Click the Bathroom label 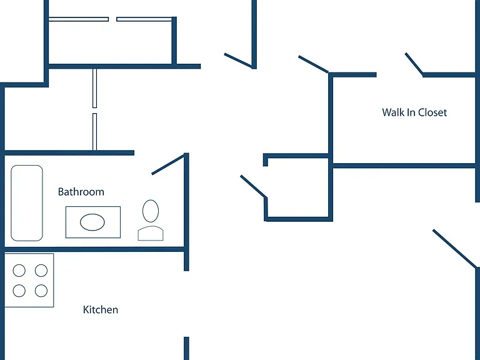(x=81, y=192)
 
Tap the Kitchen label (x=101, y=310)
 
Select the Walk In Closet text (x=414, y=112)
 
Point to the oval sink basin (x=92, y=222)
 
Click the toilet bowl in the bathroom (x=151, y=211)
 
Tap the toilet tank (x=151, y=233)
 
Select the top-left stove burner (x=19, y=271)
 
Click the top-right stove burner (x=41, y=271)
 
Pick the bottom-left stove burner (x=19, y=291)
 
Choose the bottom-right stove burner (x=41, y=291)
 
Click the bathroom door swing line (x=168, y=164)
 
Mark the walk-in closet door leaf (x=414, y=64)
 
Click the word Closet (x=432, y=112)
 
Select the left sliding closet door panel (x=79, y=19)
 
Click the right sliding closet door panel (x=144, y=19)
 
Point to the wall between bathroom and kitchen (x=94, y=249)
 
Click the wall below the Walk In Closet (x=404, y=166)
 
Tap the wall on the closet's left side (x=331, y=119)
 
